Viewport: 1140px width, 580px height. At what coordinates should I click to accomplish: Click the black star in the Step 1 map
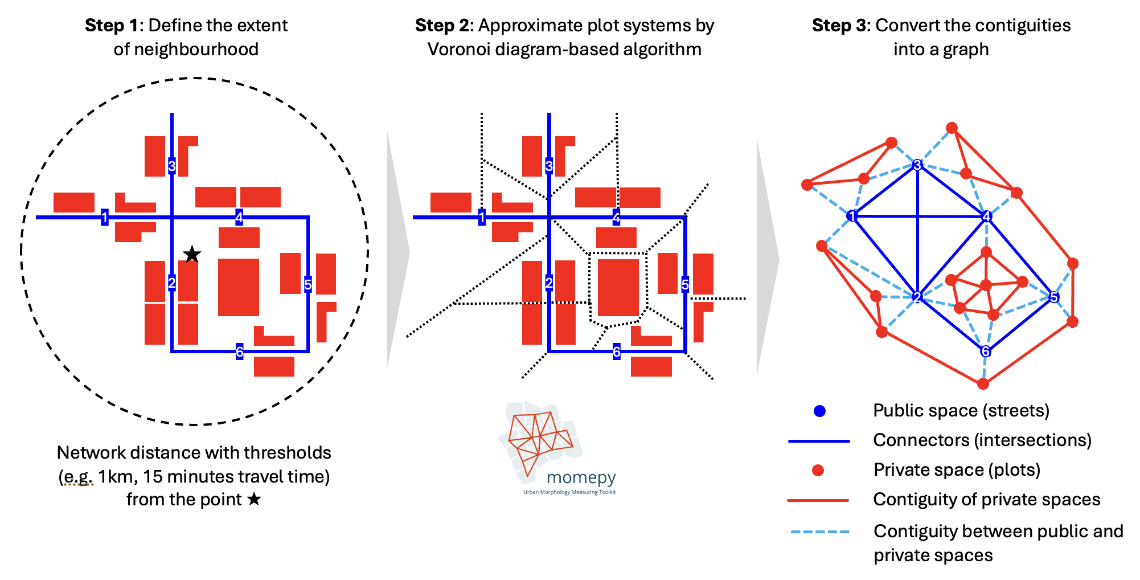click(x=192, y=254)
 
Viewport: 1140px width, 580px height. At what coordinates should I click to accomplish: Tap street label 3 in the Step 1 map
click(x=172, y=166)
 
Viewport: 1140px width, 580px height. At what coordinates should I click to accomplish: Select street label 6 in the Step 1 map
click(x=239, y=352)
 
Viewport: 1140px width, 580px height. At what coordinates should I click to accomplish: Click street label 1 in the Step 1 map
click(x=105, y=217)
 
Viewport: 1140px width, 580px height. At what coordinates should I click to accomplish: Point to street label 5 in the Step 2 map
click(x=685, y=284)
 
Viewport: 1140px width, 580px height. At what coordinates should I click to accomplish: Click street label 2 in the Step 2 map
click(x=549, y=283)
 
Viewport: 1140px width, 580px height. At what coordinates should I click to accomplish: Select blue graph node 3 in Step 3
click(x=917, y=165)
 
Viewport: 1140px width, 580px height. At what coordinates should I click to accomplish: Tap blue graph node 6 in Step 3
click(x=985, y=352)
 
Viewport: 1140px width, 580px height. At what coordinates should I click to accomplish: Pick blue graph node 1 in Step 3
click(x=852, y=216)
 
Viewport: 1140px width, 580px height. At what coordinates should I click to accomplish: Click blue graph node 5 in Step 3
click(x=1053, y=297)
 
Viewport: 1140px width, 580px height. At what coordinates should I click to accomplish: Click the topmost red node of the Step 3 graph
click(x=952, y=128)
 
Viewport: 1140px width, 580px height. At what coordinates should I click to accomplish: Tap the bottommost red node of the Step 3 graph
click(x=983, y=384)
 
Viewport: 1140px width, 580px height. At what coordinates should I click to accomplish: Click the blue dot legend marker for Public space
click(x=819, y=411)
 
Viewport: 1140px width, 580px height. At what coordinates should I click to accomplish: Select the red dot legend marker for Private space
click(x=818, y=470)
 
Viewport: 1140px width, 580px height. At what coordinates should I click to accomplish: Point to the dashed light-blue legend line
click(x=819, y=532)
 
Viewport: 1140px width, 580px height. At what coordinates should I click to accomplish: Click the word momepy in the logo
click(x=581, y=477)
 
